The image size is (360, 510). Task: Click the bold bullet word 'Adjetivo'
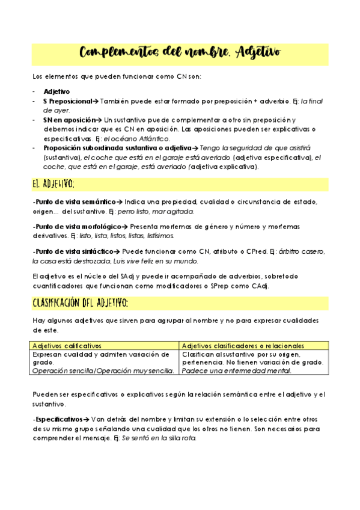(x=56, y=91)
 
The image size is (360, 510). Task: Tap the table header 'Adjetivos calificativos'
(x=67, y=346)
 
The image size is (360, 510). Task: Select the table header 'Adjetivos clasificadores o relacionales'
(x=243, y=346)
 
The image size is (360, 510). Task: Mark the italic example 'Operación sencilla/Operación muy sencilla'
(x=103, y=370)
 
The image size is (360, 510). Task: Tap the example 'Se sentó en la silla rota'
(x=159, y=438)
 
